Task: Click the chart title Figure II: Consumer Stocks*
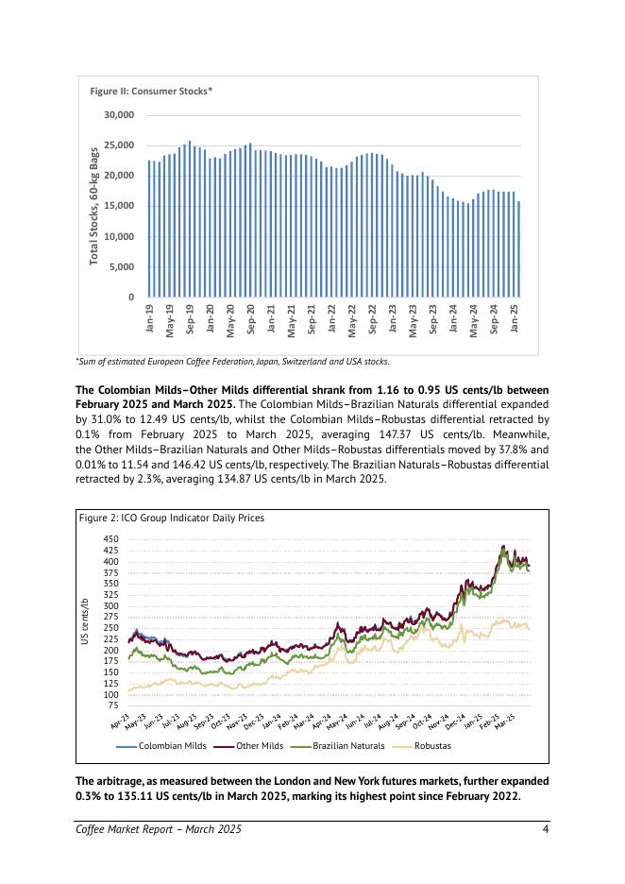click(x=151, y=91)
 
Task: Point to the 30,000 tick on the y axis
click(x=119, y=115)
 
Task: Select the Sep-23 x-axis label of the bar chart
click(x=433, y=318)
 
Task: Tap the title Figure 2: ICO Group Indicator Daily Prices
click(x=171, y=518)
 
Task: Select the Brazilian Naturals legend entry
click(x=348, y=746)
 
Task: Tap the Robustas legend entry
click(x=432, y=746)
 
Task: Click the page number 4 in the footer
click(x=546, y=829)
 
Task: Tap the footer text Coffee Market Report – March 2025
click(x=159, y=829)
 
